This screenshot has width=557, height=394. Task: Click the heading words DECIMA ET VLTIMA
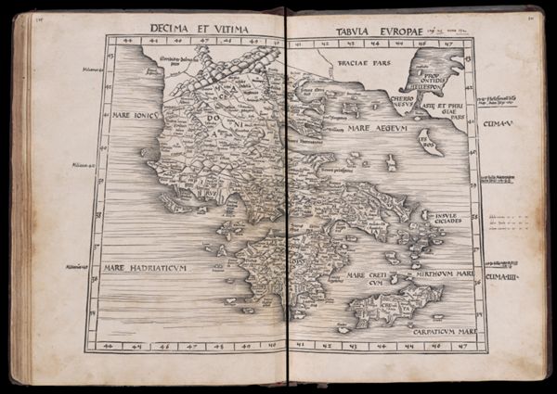click(199, 31)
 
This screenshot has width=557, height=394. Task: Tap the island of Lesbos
click(426, 140)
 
